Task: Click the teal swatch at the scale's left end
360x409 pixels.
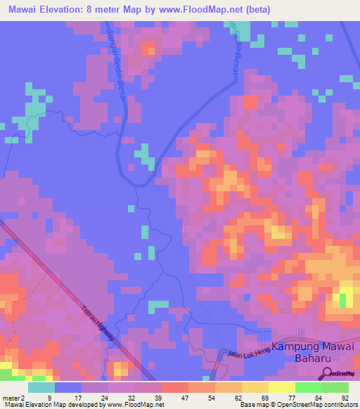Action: pyautogui.click(x=41, y=387)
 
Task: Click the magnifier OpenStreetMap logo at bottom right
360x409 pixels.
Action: pyautogui.click(x=326, y=374)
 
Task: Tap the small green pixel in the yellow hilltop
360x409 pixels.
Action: pyautogui.click(x=343, y=300)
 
